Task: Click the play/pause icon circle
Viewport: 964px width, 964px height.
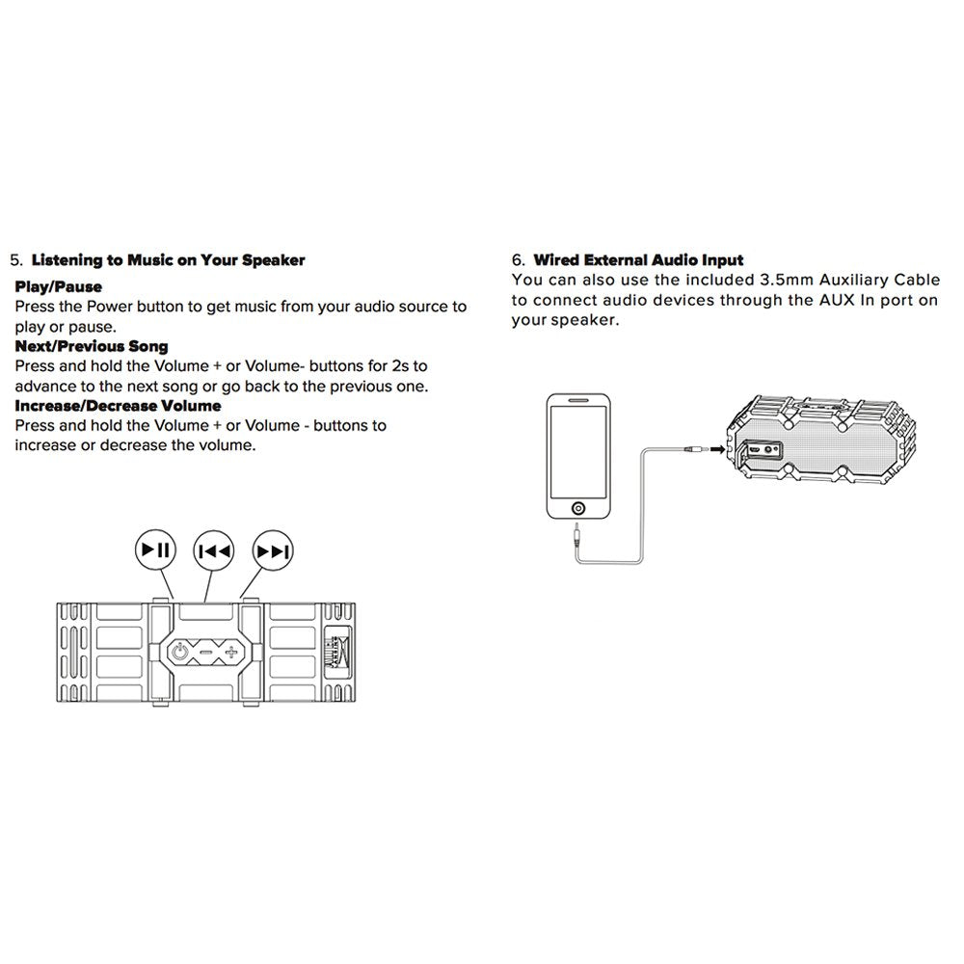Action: pos(155,550)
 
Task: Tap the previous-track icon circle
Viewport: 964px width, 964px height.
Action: pos(213,551)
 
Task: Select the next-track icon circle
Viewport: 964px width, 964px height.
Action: pos(272,551)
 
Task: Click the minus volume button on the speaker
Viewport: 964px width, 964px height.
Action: pos(206,654)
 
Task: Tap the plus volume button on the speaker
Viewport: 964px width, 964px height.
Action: pos(231,654)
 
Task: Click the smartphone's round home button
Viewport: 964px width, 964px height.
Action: pos(576,507)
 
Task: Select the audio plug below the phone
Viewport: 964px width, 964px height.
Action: pos(576,534)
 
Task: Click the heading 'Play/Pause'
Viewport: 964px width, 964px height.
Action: pos(58,286)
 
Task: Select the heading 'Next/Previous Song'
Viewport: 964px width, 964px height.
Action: pos(91,346)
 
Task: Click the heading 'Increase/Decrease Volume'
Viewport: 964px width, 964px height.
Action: pos(118,406)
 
